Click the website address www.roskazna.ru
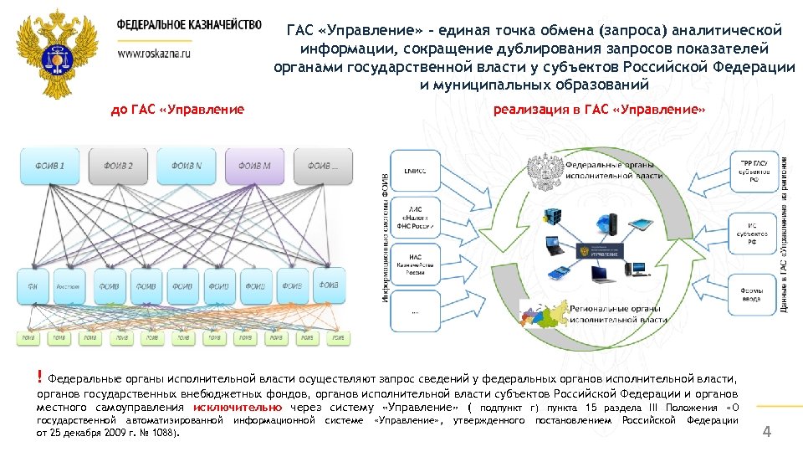tap(154, 52)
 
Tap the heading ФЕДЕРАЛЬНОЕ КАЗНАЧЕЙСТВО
tap(189, 25)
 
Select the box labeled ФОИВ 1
tap(49, 166)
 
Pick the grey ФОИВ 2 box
tap(118, 166)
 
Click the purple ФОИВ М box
tap(255, 166)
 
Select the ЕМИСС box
tap(416, 172)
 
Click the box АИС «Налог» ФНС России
tap(416, 220)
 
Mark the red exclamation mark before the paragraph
tap(40, 377)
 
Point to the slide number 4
tap(766, 432)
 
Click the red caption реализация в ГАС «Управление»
tap(600, 110)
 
